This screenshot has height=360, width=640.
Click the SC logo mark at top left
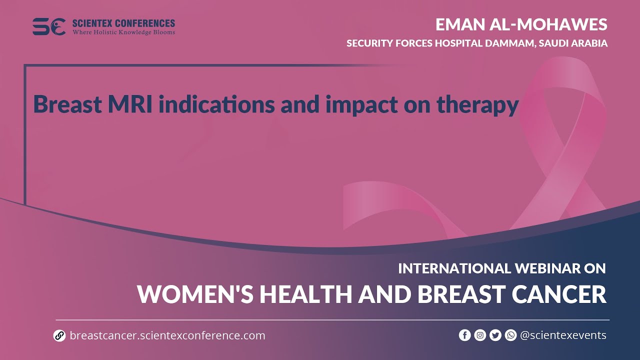pyautogui.click(x=48, y=26)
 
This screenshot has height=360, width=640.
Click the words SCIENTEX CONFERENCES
pyautogui.click(x=123, y=23)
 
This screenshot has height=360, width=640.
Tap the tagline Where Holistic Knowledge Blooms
pyautogui.click(x=123, y=32)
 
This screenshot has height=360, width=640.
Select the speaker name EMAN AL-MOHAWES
pyautogui.click(x=521, y=24)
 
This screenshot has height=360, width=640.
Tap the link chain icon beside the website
pyautogui.click(x=59, y=336)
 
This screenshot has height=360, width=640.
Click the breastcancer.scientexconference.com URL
pyautogui.click(x=167, y=335)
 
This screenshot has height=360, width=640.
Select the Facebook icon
pyautogui.click(x=464, y=335)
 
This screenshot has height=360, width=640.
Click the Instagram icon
pyautogui.click(x=480, y=335)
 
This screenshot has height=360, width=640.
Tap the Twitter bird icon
pyautogui.click(x=495, y=335)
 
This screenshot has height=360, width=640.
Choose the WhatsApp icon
pyautogui.click(x=510, y=335)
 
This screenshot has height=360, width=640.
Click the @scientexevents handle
pyautogui.click(x=563, y=335)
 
